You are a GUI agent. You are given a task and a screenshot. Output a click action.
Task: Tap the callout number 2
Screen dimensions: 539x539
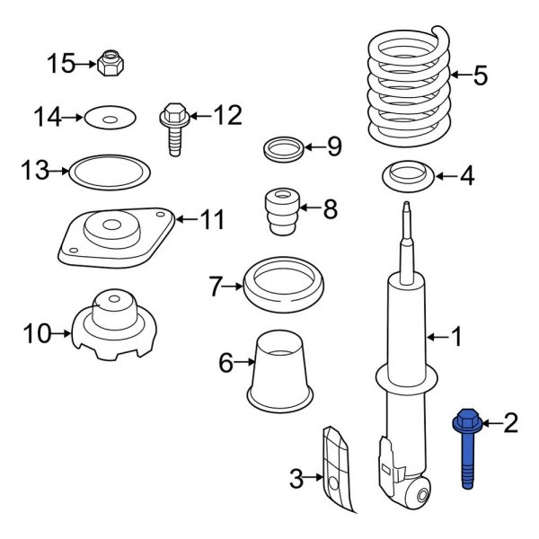point(510,422)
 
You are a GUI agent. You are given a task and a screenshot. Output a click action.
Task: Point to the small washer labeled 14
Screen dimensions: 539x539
point(110,117)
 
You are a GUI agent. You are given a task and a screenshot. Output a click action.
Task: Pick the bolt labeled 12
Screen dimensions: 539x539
point(172,128)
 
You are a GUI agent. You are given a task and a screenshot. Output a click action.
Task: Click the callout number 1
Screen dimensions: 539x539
point(456,337)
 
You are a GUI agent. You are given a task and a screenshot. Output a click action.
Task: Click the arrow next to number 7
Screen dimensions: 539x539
point(234,287)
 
